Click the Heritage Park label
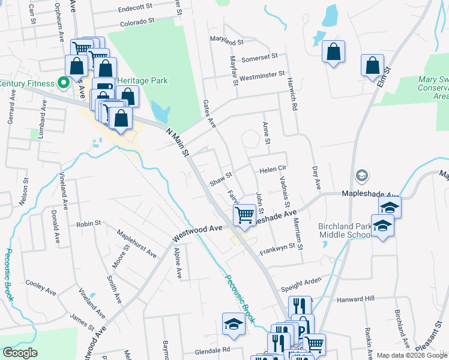pyautogui.click(x=143, y=80)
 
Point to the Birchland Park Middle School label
pyautogui.click(x=345, y=230)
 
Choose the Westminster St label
pyautogui.click(x=262, y=76)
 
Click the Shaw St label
pyautogui.click(x=220, y=178)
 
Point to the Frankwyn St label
pyautogui.click(x=278, y=247)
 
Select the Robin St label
pyautogui.click(x=88, y=224)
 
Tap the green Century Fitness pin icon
pyautogui.click(x=62, y=82)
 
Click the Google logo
pyautogui.click(x=20, y=353)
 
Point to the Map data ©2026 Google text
pyautogui.click(x=412, y=355)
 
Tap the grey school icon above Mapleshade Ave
pyautogui.click(x=361, y=175)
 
